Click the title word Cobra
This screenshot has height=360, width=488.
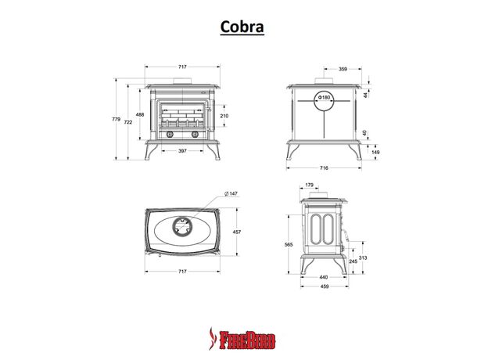click(242, 27)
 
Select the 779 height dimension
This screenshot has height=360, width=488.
click(117, 120)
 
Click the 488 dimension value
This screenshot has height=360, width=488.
click(140, 115)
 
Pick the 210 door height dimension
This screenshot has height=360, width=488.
click(224, 116)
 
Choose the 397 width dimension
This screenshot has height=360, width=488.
click(181, 150)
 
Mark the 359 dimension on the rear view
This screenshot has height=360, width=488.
click(343, 69)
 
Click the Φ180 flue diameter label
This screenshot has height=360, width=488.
click(325, 99)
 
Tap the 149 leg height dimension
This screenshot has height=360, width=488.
click(376, 153)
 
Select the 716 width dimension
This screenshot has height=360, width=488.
click(323, 168)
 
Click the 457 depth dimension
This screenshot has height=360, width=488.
click(235, 232)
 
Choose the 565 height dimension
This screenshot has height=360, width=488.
click(289, 244)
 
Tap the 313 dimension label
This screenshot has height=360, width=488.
click(364, 257)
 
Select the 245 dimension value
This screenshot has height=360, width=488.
click(353, 261)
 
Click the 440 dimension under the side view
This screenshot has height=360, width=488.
click(323, 277)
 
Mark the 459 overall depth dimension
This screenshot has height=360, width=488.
click(323, 288)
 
